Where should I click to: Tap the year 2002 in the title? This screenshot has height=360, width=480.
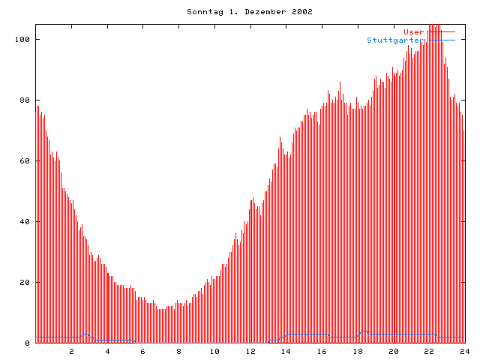point(302,12)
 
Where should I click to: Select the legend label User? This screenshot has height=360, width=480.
point(414,31)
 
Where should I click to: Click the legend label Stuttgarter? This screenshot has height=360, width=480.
point(396,40)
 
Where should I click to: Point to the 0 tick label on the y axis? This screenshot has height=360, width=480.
point(27,343)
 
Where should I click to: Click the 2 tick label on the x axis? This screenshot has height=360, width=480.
point(72,351)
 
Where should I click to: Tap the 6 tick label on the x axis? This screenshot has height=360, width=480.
point(143,351)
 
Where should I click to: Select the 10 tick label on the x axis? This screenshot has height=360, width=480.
point(214,351)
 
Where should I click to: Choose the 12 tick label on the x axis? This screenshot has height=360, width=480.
point(250,351)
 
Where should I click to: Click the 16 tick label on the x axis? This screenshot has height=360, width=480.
point(322,351)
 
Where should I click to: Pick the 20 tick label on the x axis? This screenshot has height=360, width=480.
point(394,351)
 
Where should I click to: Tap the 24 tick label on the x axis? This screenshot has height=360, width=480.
point(465,351)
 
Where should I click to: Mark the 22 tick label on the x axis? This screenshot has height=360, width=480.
point(429,351)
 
